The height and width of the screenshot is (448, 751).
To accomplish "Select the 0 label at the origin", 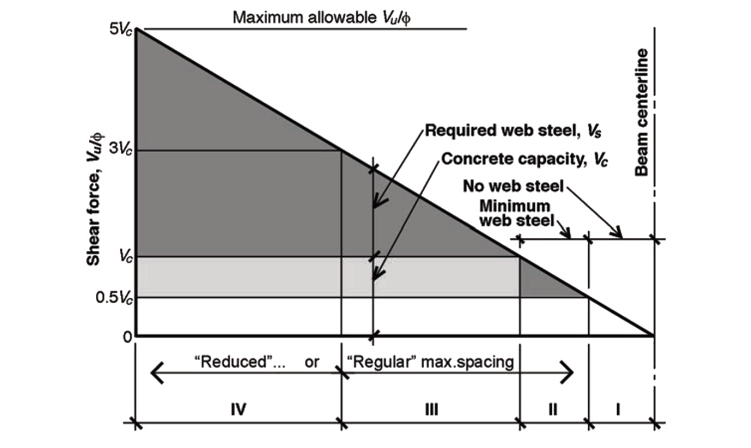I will tap(127, 337).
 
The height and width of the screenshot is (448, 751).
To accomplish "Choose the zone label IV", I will tap(235, 409).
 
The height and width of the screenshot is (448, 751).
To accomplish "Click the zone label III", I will tap(431, 409).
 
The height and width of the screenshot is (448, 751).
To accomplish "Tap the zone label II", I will tap(553, 409).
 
